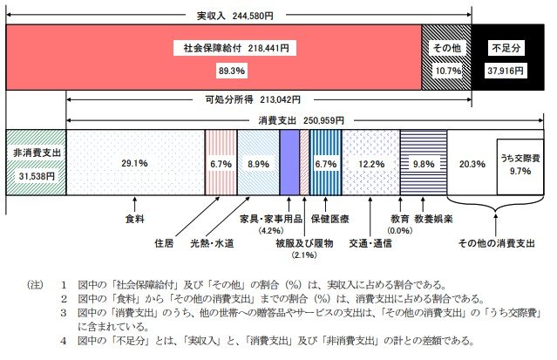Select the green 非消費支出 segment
point(36,163)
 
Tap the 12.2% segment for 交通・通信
point(370,163)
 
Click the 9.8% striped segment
point(424,163)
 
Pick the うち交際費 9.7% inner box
point(520,163)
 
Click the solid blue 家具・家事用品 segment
point(289,163)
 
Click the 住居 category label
point(164,242)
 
